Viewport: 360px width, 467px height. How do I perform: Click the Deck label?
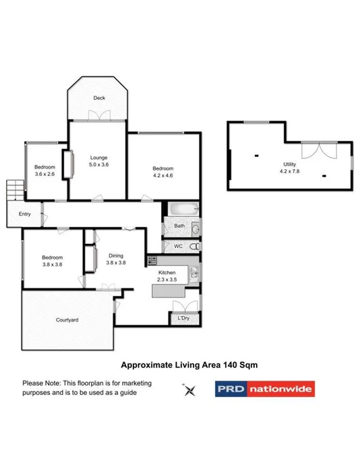click(99, 98)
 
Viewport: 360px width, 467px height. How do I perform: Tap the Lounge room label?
click(99, 158)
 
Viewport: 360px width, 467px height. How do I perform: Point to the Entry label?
click(25, 214)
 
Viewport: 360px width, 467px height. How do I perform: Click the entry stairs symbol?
click(12, 189)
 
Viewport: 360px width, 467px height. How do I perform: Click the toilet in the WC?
click(193, 247)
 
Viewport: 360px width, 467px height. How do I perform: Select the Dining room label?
click(116, 255)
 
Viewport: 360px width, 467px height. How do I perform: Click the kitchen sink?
click(193, 272)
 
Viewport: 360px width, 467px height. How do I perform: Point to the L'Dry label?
click(183, 318)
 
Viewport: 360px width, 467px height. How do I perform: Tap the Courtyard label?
click(67, 319)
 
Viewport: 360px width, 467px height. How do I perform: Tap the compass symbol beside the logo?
click(189, 389)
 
